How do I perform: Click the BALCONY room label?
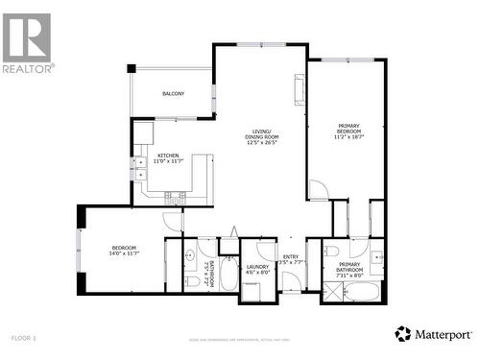click(173, 93)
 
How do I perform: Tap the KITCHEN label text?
click(168, 155)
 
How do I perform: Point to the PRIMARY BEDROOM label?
click(348, 130)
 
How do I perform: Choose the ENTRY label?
click(291, 256)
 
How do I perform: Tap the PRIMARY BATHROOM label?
click(350, 267)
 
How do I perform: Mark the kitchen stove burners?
click(175, 198)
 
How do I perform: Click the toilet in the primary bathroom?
click(331, 252)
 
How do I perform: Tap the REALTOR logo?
click(27, 43)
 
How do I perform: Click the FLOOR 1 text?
click(23, 338)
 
